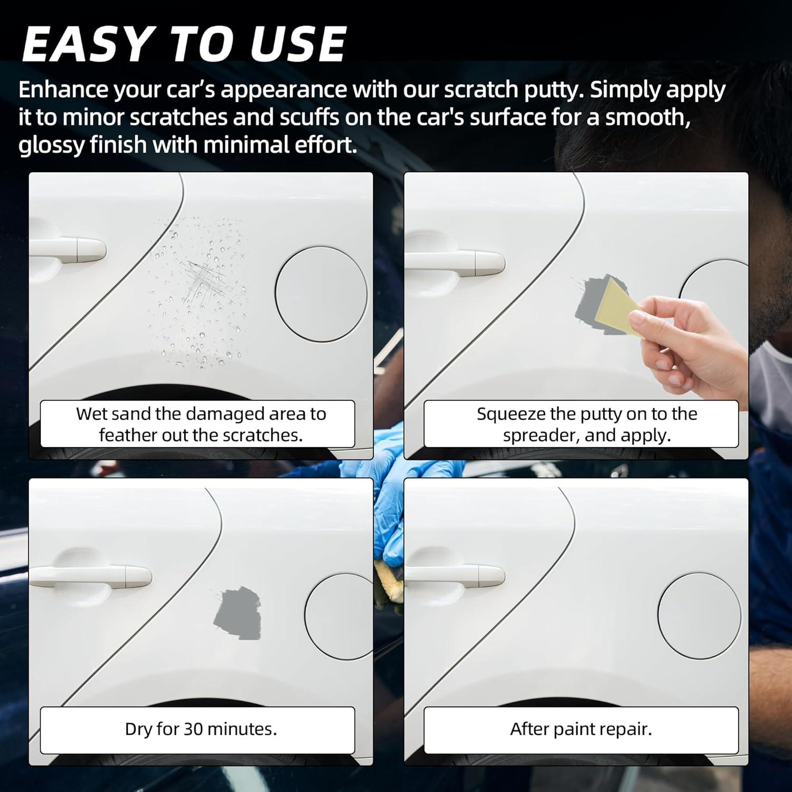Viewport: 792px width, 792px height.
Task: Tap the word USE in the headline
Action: click(x=297, y=43)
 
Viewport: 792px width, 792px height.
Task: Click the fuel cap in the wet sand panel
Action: click(x=321, y=294)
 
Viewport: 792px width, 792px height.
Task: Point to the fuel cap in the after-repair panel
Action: click(x=699, y=616)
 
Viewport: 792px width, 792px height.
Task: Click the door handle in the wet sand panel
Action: click(x=67, y=249)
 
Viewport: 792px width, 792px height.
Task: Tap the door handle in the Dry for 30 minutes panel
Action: click(x=90, y=577)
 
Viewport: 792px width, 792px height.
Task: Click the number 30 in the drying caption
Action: click(x=193, y=729)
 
